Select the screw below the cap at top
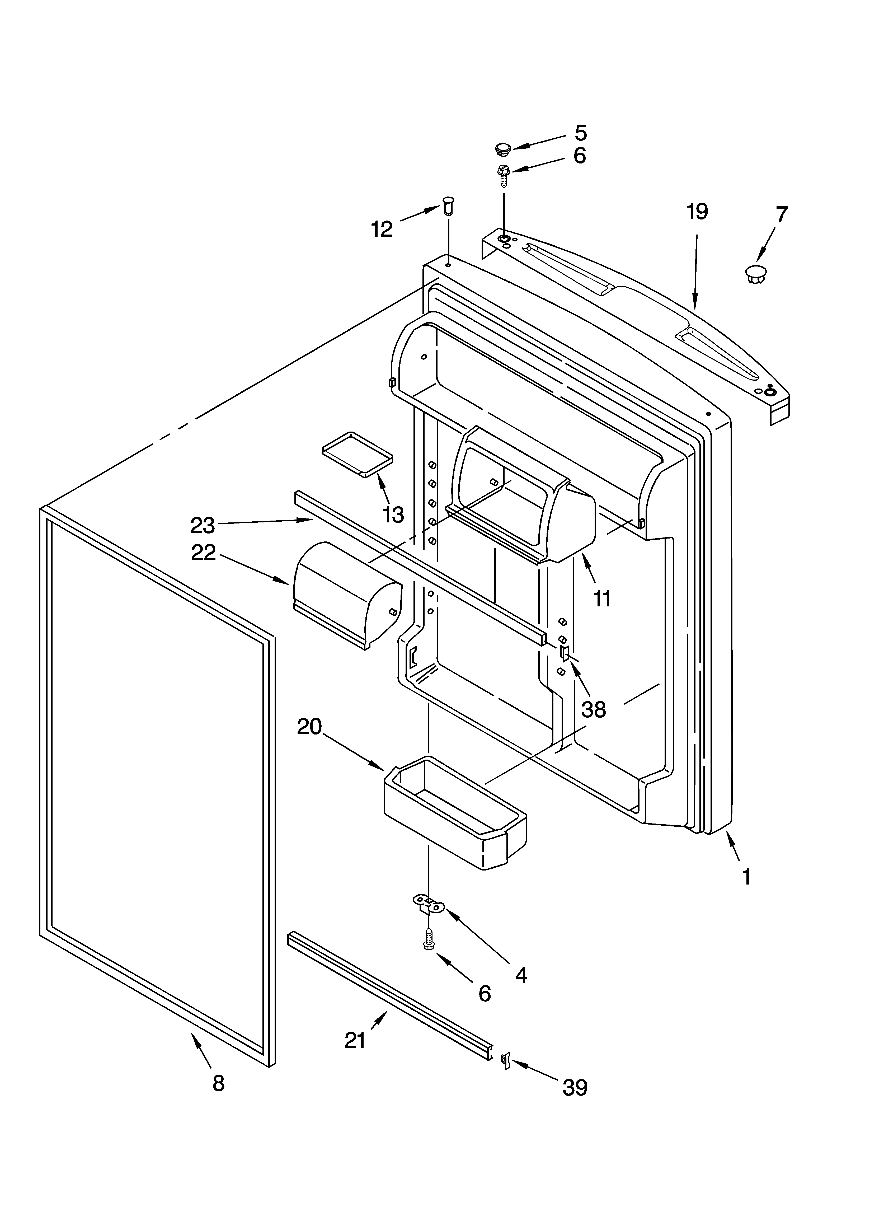[503, 175]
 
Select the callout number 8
[218, 1083]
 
